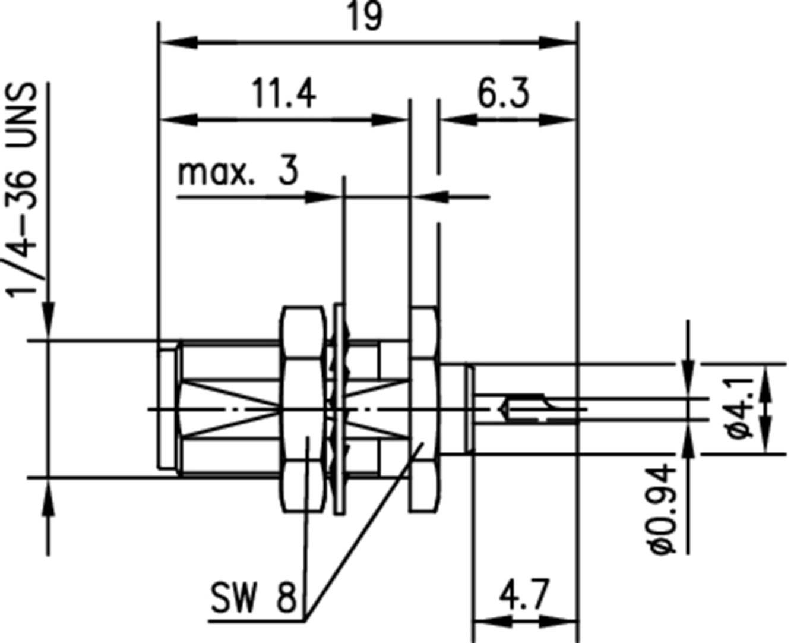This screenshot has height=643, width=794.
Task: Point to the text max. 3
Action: [238, 172]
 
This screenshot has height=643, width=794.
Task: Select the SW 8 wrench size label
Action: [253, 597]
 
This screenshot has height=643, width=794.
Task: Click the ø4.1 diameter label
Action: [739, 408]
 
